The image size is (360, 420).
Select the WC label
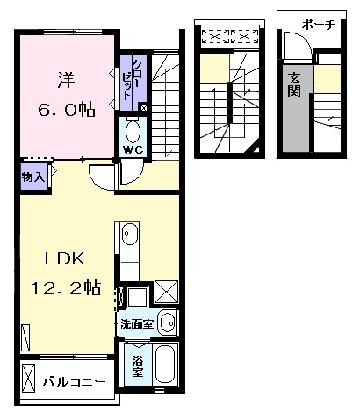[x=133, y=149]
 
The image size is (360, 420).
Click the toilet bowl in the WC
[x=133, y=132]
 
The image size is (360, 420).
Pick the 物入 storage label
[x=32, y=177]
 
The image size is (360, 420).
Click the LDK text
[x=63, y=258]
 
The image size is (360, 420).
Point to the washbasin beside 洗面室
[x=167, y=322]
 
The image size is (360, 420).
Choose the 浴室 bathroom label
[x=138, y=366]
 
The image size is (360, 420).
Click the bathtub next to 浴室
[x=165, y=367]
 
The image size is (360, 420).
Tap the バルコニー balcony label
[x=76, y=382]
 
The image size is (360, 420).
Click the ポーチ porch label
[x=317, y=25]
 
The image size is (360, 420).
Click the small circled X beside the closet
[x=144, y=108]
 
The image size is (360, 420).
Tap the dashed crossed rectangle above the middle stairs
[x=229, y=37]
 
